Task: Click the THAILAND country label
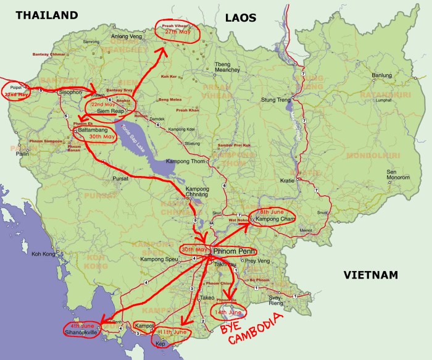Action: click(48, 15)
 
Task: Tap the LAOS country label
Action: click(240, 19)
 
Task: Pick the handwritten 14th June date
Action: click(230, 313)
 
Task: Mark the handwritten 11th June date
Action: click(174, 332)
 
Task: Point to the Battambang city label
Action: click(93, 131)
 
